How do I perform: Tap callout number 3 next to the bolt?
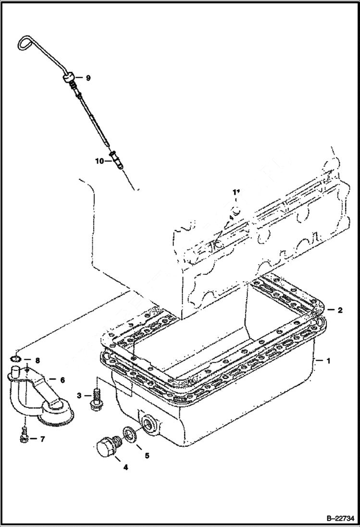pyautogui.click(x=79, y=395)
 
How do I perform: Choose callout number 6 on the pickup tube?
pyautogui.click(x=62, y=379)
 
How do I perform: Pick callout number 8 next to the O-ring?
pyautogui.click(x=37, y=360)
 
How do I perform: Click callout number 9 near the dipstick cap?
pyautogui.click(x=88, y=77)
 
